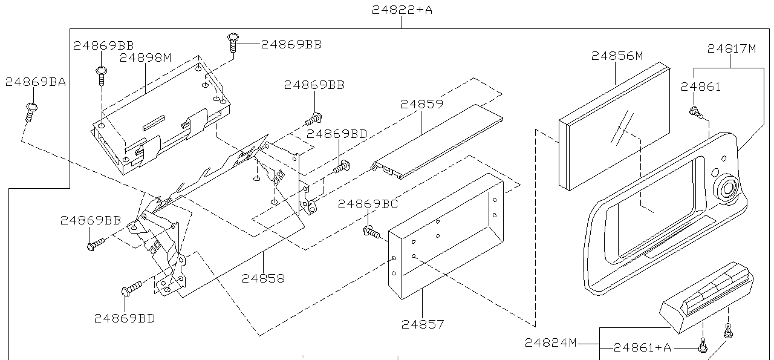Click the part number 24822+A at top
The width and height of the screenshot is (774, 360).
(402, 10)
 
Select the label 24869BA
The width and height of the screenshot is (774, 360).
(36, 82)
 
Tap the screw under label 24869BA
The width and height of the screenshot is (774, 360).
(31, 113)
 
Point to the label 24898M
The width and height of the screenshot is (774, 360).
(146, 57)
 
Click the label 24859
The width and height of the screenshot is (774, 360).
(421, 103)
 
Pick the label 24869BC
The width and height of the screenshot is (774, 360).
(368, 204)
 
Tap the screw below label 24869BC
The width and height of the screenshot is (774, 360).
(371, 232)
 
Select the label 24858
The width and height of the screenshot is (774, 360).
(263, 278)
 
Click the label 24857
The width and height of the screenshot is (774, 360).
(423, 324)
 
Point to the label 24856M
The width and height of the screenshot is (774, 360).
(617, 56)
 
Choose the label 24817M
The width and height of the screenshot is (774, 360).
(732, 48)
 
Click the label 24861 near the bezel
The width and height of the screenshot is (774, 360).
(701, 87)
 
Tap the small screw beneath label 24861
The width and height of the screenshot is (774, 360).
(695, 112)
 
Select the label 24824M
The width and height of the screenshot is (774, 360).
(551, 342)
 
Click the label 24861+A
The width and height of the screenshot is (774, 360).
(642, 347)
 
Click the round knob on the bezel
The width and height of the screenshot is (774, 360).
(727, 189)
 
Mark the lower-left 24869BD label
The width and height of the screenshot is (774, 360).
(125, 318)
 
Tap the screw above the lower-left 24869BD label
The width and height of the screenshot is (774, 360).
(132, 289)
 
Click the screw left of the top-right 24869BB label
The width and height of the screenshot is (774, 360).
(233, 42)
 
